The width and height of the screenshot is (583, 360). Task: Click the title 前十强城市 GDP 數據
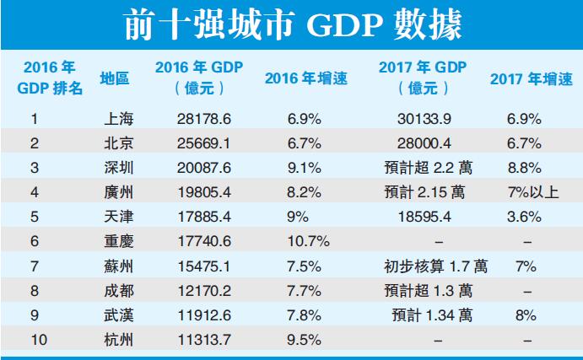(x=290, y=24)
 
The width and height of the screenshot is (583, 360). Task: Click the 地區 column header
(x=114, y=78)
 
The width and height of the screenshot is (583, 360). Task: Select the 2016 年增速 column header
(x=305, y=78)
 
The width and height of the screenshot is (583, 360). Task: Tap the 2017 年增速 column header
(x=530, y=78)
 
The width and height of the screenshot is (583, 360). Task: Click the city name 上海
(x=114, y=120)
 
